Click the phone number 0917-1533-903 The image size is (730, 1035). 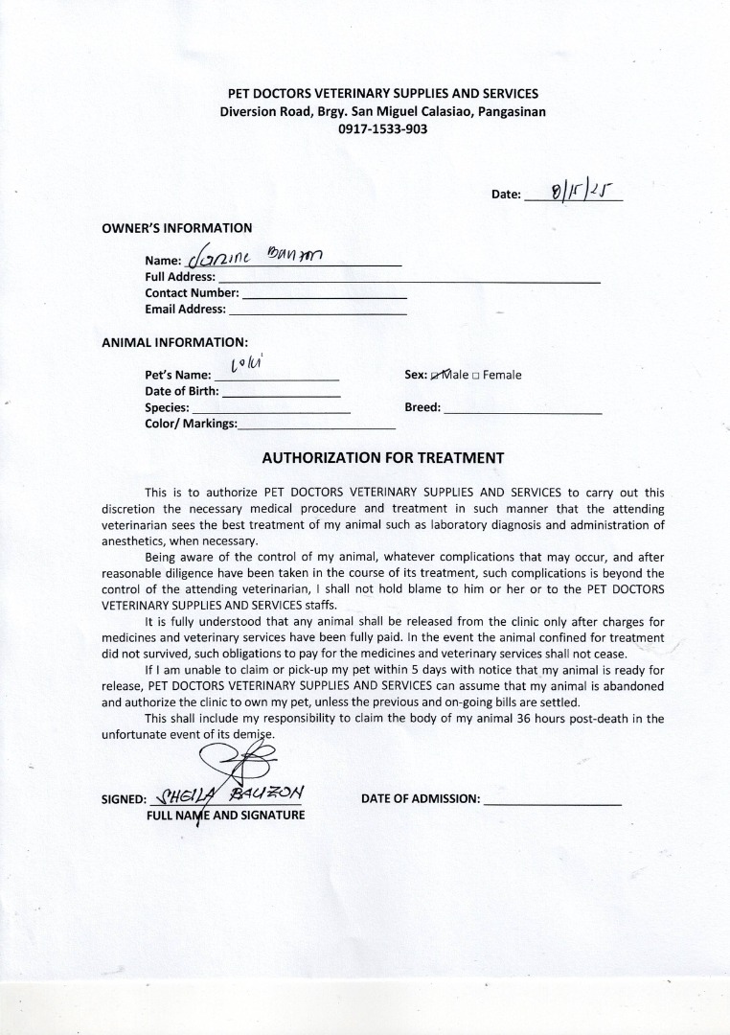pyautogui.click(x=382, y=128)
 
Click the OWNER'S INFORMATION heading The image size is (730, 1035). pyautogui.click(x=176, y=228)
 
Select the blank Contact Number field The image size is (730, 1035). pyautogui.click(x=324, y=293)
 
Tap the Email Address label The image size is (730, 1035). pyautogui.click(x=185, y=309)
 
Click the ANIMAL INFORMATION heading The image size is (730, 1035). pyautogui.click(x=174, y=341)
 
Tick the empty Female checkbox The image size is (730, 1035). pyautogui.click(x=477, y=376)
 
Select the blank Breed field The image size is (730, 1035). pyautogui.click(x=523, y=408)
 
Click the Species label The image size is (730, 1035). pyautogui.click(x=166, y=407)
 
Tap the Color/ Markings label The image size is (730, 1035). pyautogui.click(x=191, y=423)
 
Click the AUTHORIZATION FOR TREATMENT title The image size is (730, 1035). pyautogui.click(x=382, y=457)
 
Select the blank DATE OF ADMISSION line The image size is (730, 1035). pyautogui.click(x=553, y=799)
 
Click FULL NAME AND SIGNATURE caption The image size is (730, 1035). pyautogui.click(x=225, y=816)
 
